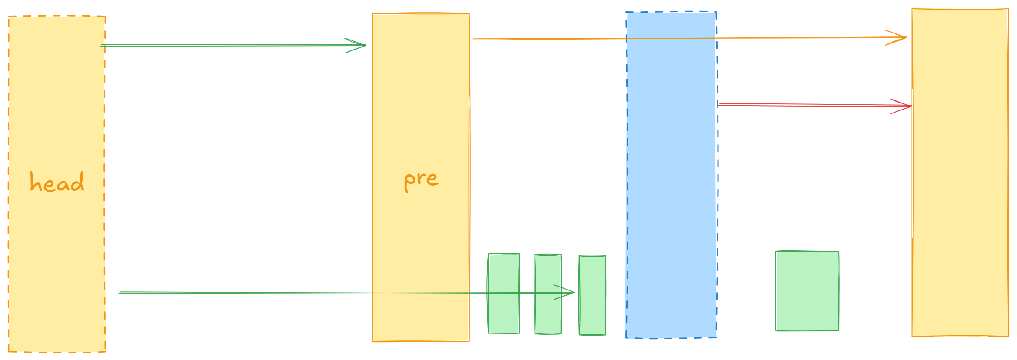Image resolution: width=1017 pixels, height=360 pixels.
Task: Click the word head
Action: [57, 183]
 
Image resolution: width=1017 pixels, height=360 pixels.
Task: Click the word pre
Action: [421, 180]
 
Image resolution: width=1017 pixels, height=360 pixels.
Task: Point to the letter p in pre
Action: [409, 181]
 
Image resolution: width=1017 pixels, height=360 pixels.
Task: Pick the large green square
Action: [807, 291]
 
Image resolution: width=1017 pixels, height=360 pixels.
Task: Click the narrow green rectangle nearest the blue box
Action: [592, 313]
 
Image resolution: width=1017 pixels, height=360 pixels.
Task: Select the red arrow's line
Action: [804, 105]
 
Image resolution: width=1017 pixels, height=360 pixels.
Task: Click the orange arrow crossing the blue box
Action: [565, 39]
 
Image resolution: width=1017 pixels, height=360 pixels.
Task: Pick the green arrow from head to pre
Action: [226, 45]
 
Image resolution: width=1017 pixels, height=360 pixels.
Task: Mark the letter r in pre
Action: [421, 179]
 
